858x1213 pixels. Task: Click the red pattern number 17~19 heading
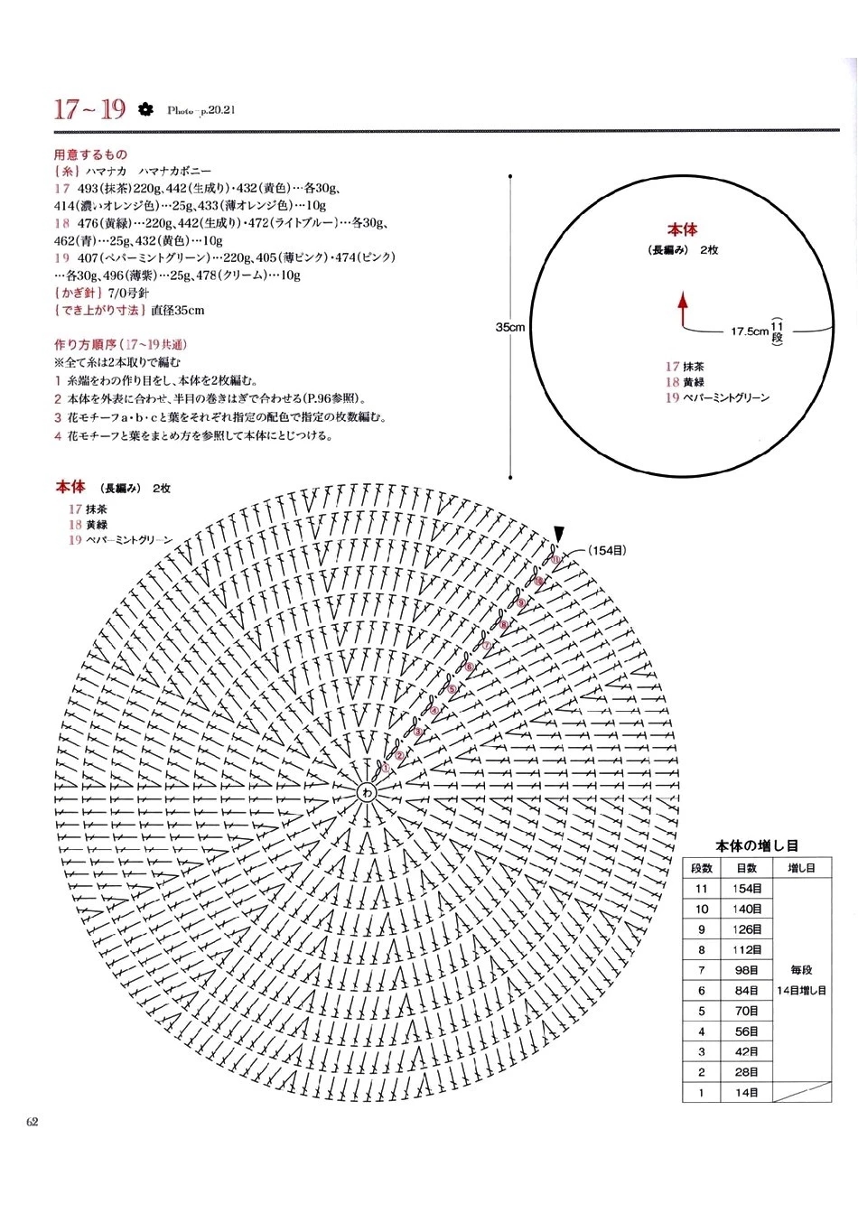coord(89,110)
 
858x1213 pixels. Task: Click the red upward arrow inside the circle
coord(683,307)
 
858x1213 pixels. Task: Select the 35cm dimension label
coord(511,327)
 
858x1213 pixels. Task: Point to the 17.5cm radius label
coord(749,331)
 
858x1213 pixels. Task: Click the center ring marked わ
coord(367,792)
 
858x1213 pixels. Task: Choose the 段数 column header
coord(702,867)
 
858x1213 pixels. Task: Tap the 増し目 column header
coord(801,867)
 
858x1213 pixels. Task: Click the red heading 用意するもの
coord(91,154)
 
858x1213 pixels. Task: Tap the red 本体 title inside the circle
coord(683,230)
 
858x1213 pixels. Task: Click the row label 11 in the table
coord(702,888)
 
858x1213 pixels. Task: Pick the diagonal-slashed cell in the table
coord(801,1093)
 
